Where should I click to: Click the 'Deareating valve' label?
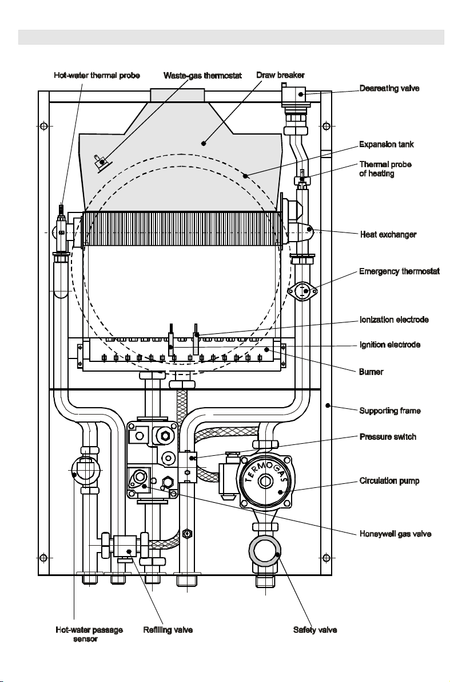coord(389,88)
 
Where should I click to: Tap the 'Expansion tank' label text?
coord(386,144)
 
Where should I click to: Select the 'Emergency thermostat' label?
coord(399,271)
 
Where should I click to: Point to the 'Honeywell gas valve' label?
coord(395,534)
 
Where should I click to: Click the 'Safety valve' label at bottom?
coord(315,630)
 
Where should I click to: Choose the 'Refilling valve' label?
coord(168,630)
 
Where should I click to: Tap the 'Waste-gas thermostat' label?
coord(202,76)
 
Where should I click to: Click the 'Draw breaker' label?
coord(280,75)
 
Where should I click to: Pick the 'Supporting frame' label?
coord(389,411)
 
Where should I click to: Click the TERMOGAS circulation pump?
coord(265,482)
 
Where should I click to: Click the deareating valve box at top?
coord(296,95)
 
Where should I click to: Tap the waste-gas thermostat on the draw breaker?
coord(102,162)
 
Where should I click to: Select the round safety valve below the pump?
coord(265,551)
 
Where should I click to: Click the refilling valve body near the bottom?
coord(125,546)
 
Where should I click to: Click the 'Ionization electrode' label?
coord(394,320)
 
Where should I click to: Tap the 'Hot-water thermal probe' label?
coord(97,75)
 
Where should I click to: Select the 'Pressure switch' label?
coord(388,437)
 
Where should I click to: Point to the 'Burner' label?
coord(371,372)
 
